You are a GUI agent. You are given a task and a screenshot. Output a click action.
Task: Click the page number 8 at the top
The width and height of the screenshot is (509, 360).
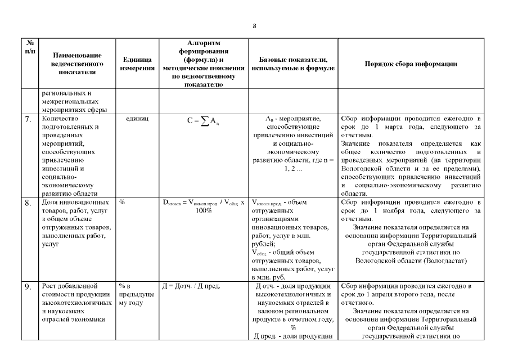255,26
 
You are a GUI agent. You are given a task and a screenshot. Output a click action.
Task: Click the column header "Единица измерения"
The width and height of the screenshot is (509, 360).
138,64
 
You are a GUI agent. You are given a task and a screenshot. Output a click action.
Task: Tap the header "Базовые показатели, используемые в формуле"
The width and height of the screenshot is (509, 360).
294,64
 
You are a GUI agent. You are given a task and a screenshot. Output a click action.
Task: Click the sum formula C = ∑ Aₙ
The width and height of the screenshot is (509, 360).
204,120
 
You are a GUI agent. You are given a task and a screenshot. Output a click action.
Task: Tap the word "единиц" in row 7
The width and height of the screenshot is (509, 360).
137,119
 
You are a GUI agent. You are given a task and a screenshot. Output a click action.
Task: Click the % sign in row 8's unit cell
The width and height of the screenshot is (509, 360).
122,202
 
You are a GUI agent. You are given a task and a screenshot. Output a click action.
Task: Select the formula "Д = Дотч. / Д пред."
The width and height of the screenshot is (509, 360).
191,286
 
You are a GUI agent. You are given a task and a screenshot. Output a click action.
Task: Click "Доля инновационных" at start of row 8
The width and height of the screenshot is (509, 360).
73,202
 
